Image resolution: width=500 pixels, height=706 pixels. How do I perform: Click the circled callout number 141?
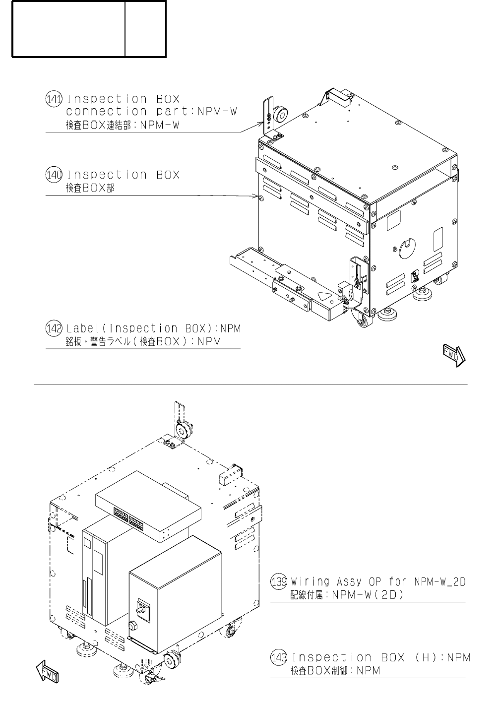click(53, 99)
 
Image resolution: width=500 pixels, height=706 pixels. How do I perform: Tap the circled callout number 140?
click(53, 175)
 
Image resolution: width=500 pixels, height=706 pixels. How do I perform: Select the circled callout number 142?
click(53, 328)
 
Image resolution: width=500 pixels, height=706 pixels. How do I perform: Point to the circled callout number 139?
click(279, 581)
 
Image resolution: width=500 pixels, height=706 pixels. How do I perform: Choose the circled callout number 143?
click(279, 657)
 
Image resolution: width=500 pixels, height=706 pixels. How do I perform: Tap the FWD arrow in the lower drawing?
click(48, 673)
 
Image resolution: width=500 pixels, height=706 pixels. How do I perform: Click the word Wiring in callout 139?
click(311, 581)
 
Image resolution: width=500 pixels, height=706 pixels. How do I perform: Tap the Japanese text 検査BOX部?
click(90, 189)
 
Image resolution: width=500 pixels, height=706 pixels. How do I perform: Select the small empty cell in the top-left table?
click(145, 28)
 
